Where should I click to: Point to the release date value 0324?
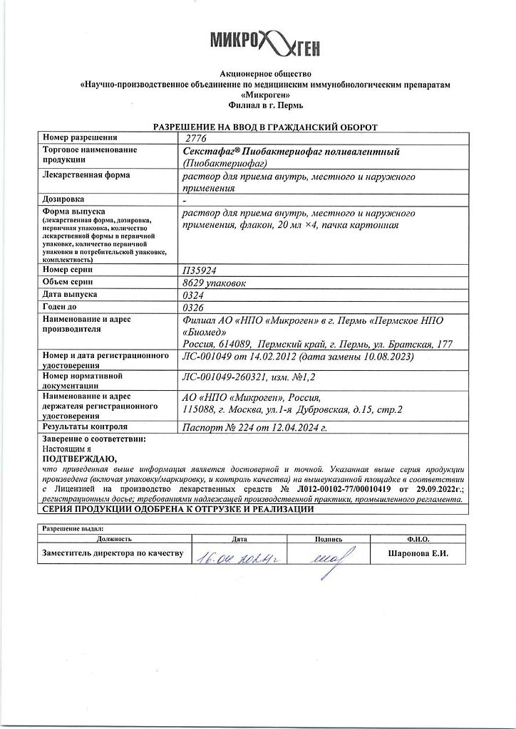(x=193, y=295)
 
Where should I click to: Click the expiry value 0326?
(x=193, y=307)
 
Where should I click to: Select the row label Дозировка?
(x=63, y=199)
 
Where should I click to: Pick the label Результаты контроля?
(x=85, y=426)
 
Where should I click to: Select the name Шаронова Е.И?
(x=418, y=553)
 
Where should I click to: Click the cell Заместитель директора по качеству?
(x=113, y=553)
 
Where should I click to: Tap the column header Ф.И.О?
(x=417, y=540)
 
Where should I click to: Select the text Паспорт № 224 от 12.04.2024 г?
(x=254, y=427)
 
